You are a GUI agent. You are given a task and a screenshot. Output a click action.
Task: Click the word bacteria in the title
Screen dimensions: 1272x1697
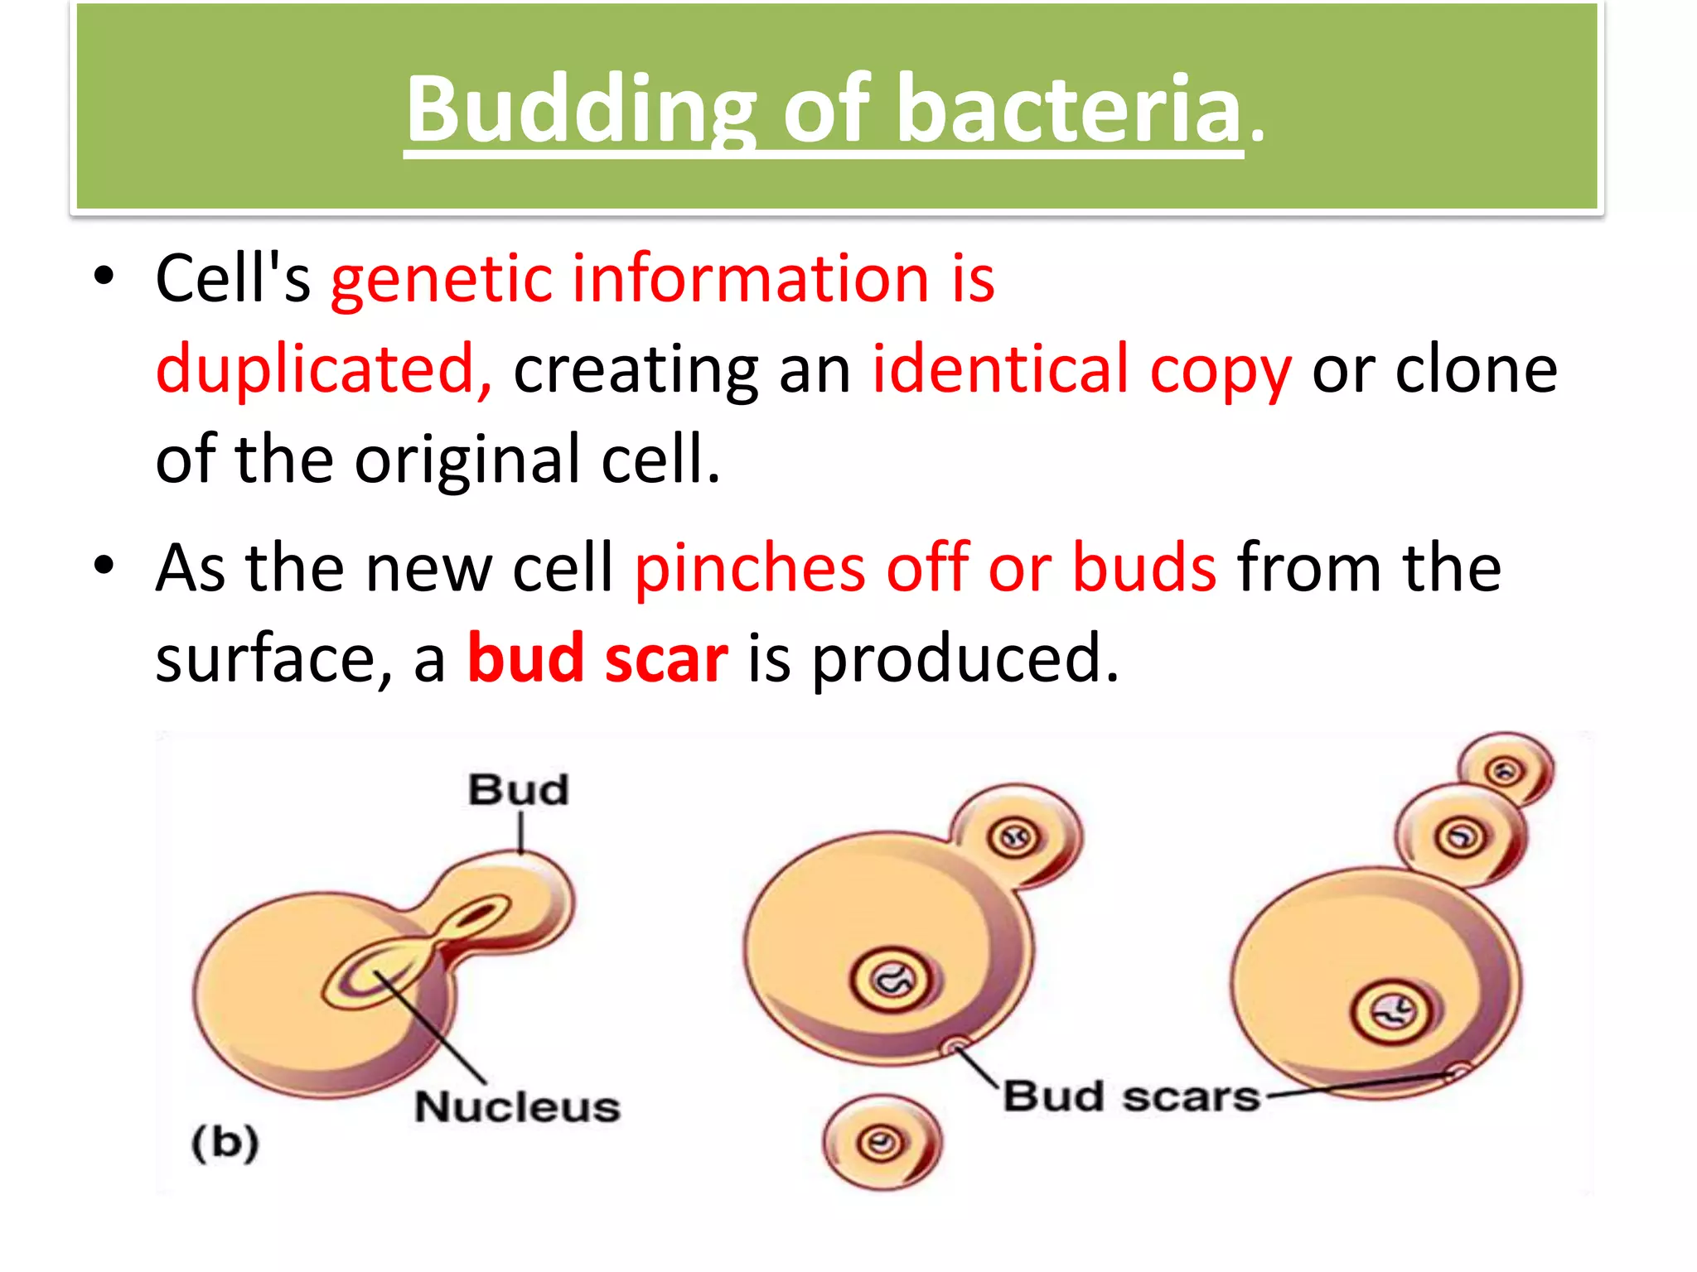pos(1068,108)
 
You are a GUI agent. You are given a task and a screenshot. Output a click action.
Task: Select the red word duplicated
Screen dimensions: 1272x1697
pos(324,369)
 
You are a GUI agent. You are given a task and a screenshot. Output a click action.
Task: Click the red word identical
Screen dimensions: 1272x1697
pos(1000,369)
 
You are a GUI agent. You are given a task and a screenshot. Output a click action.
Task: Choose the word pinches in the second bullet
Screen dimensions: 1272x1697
pos(750,568)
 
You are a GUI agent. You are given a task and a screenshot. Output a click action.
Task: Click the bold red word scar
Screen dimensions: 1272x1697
pos(666,658)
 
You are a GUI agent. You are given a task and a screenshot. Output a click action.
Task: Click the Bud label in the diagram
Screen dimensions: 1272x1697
pos(519,789)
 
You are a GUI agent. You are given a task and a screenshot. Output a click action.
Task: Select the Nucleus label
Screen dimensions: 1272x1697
pos(518,1107)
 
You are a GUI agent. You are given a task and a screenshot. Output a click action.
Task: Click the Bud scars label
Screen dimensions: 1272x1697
pos(1131,1096)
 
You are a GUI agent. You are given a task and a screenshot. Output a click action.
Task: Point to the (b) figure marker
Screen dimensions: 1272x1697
pos(225,1143)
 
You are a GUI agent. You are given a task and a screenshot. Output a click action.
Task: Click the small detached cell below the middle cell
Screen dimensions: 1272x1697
pos(882,1144)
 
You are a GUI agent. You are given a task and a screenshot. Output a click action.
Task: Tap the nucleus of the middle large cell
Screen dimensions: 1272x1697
pos(892,980)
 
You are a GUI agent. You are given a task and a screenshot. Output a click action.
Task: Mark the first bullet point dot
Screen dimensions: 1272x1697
pos(103,277)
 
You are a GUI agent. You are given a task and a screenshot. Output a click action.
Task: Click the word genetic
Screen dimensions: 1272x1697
pos(441,279)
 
